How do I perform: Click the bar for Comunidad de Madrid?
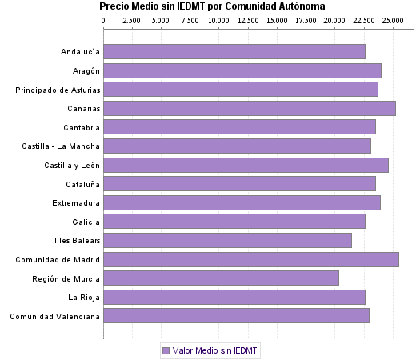[x=251, y=259]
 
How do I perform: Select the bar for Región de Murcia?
[x=221, y=278]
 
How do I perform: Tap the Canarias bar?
[x=250, y=108]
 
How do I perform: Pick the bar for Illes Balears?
[x=227, y=240]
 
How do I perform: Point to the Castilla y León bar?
[x=246, y=165]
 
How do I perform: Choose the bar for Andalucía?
[x=234, y=51]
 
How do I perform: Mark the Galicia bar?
[x=234, y=222]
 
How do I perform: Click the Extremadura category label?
[x=76, y=202]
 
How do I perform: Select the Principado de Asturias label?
[x=58, y=89]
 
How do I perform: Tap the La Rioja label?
[x=84, y=297]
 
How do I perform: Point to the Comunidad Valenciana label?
[x=55, y=316]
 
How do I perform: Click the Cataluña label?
[x=81, y=184]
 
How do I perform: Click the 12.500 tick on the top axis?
[x=248, y=18]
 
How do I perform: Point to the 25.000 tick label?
[x=392, y=18]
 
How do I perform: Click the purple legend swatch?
[x=166, y=350]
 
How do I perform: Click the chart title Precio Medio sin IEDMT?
[x=212, y=6]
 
